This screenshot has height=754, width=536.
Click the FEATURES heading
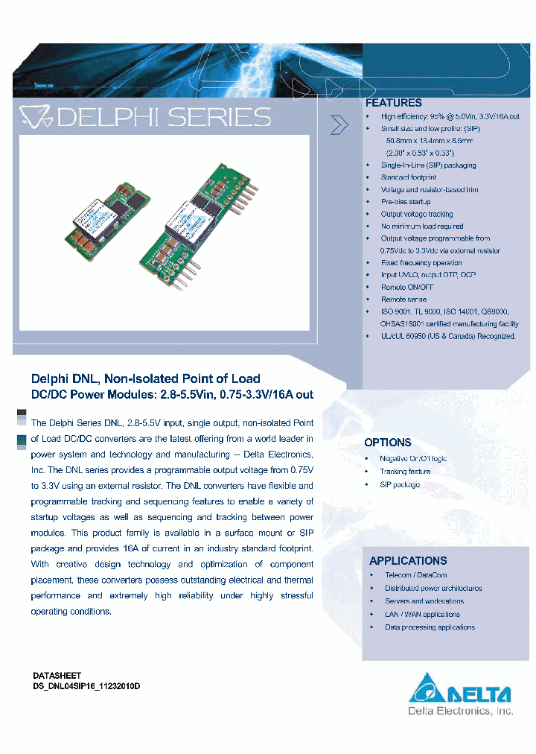point(393,104)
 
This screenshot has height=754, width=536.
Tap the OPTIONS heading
point(388,443)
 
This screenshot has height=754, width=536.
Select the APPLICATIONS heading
point(408,561)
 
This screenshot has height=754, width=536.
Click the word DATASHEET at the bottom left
point(57,675)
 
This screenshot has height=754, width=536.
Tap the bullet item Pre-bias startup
point(406,202)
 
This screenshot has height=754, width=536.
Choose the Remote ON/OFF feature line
point(407,287)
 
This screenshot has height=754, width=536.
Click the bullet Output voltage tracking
point(416,215)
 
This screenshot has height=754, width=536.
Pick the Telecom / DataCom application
point(415,575)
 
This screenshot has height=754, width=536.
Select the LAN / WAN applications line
point(422,615)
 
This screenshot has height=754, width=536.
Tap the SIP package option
point(400,485)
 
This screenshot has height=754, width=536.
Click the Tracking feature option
point(405,472)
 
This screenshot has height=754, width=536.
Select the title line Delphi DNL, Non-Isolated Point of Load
point(145,378)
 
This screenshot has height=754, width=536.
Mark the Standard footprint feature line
point(409,178)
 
